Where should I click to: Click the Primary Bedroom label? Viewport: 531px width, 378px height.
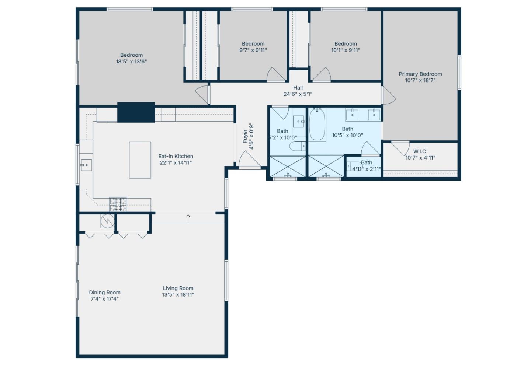pyautogui.click(x=420, y=74)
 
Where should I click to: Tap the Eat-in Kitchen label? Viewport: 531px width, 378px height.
pyautogui.click(x=176, y=156)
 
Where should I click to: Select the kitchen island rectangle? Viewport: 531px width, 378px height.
pyautogui.click(x=140, y=160)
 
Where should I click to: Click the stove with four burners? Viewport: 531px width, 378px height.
pyautogui.click(x=118, y=204)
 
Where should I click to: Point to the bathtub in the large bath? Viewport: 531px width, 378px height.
pyautogui.click(x=317, y=125)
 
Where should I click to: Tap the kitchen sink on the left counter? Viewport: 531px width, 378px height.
pyautogui.click(x=86, y=165)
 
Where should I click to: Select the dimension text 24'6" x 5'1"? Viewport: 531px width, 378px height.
pyautogui.click(x=298, y=94)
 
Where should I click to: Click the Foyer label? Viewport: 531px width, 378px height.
pyautogui.click(x=245, y=136)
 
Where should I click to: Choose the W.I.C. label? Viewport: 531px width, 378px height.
pyautogui.click(x=420, y=151)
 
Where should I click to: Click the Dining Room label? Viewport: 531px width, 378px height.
pyautogui.click(x=105, y=292)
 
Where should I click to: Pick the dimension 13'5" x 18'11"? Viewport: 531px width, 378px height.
pyautogui.click(x=178, y=294)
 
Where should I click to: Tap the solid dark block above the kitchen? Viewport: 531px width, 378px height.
pyautogui.click(x=136, y=112)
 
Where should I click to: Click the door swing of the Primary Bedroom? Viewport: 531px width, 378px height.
pyautogui.click(x=389, y=95)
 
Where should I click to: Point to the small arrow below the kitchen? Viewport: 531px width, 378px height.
pyautogui.click(x=188, y=218)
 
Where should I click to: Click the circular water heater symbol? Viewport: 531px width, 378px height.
pyautogui.click(x=108, y=221)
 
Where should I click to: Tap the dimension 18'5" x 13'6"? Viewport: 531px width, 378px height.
pyautogui.click(x=131, y=62)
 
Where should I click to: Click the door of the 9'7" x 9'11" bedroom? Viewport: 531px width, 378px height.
pyautogui.click(x=276, y=74)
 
